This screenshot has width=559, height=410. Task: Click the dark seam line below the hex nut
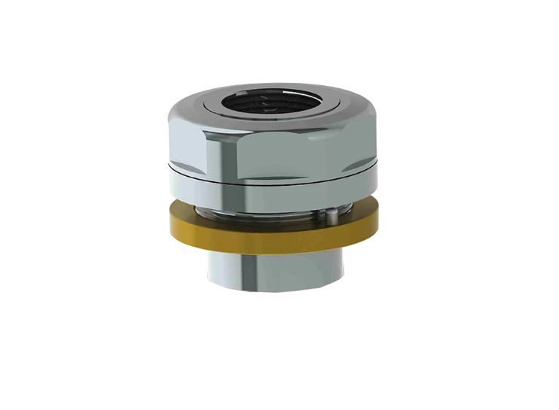coord(272,183)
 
